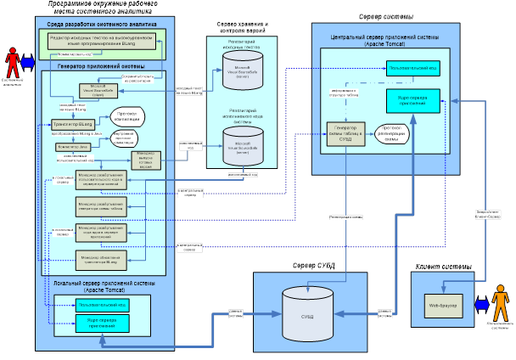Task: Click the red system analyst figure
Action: [13, 62]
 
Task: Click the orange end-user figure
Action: [502, 303]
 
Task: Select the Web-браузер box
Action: [443, 303]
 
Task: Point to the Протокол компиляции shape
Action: [129, 115]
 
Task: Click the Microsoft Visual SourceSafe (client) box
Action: [97, 90]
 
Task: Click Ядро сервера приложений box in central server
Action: [411, 101]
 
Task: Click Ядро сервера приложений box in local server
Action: [101, 323]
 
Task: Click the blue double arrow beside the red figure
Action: [30, 62]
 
